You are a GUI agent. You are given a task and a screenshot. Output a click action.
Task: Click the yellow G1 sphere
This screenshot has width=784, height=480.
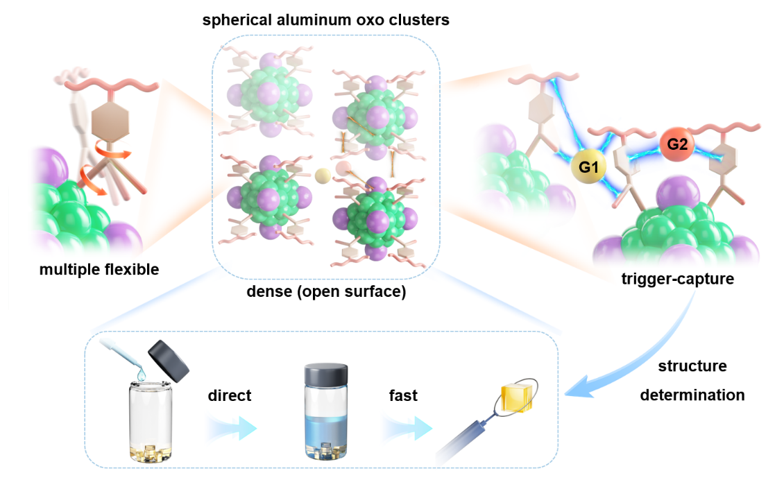[586, 167]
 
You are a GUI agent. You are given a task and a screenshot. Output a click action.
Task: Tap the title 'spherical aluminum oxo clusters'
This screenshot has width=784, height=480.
[325, 20]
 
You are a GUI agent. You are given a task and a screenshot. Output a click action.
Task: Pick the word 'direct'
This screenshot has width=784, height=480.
[229, 395]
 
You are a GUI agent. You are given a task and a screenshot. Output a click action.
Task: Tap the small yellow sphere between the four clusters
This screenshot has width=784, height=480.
[321, 175]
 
